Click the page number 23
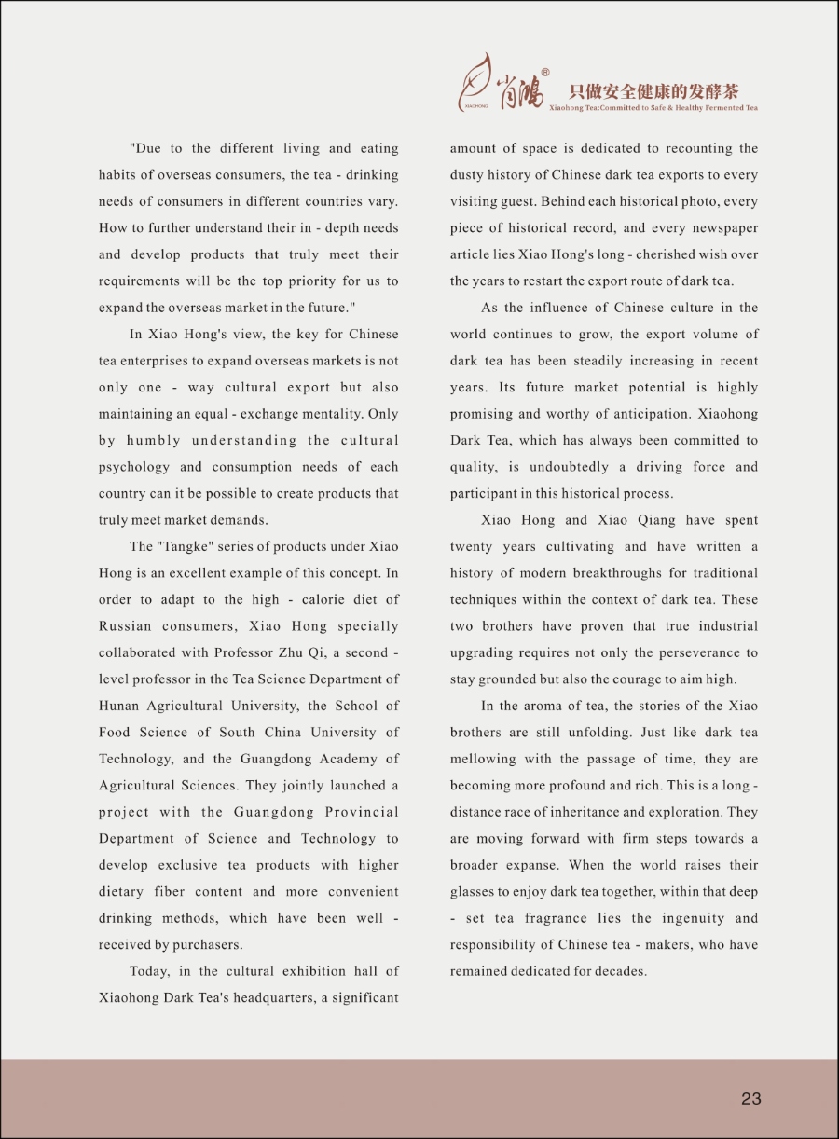(x=751, y=1098)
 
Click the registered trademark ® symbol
(x=545, y=73)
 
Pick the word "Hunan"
(x=118, y=706)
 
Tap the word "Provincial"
(x=362, y=812)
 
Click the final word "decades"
(x=618, y=971)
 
